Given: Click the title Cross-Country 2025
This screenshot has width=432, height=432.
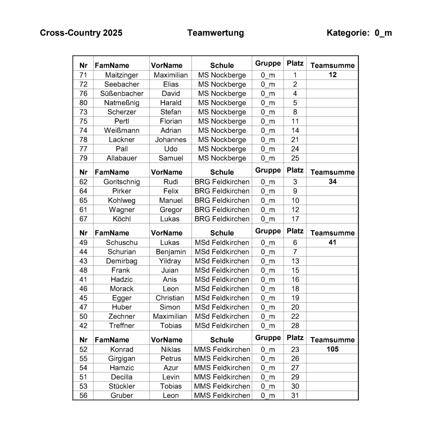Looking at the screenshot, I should tap(81, 33).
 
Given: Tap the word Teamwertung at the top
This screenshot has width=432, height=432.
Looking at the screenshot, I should tap(215, 33).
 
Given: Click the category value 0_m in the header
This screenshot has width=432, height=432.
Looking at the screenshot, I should tap(383, 33).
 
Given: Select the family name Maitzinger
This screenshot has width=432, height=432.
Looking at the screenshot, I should tap(121, 75).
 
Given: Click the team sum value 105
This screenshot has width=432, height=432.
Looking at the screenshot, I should tap(332, 349).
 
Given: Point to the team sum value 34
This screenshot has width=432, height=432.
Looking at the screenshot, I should tap(332, 182).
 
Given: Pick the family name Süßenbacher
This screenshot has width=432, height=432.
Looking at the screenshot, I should tap(121, 94).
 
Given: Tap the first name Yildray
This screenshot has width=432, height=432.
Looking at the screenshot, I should tap(170, 261).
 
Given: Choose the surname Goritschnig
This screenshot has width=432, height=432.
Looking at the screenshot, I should tap(121, 182).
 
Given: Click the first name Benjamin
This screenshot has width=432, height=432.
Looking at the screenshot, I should tap(170, 252).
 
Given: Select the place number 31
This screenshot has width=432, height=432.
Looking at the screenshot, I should tap(295, 395).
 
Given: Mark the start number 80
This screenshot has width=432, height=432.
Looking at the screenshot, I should tap(83, 103).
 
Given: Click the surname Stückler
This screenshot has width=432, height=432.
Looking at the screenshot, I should tap(121, 386).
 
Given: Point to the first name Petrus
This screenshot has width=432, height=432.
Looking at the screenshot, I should tap(170, 358).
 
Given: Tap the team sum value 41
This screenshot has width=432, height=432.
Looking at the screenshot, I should tap(332, 242).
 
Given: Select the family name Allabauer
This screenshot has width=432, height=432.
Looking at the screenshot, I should tap(121, 158).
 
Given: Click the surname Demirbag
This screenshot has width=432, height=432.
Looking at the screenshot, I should tap(121, 261).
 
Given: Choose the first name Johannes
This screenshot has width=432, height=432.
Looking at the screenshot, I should tap(170, 140).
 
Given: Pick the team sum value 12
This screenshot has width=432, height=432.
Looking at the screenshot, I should tap(332, 75).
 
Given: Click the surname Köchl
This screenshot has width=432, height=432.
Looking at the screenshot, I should tap(121, 219).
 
